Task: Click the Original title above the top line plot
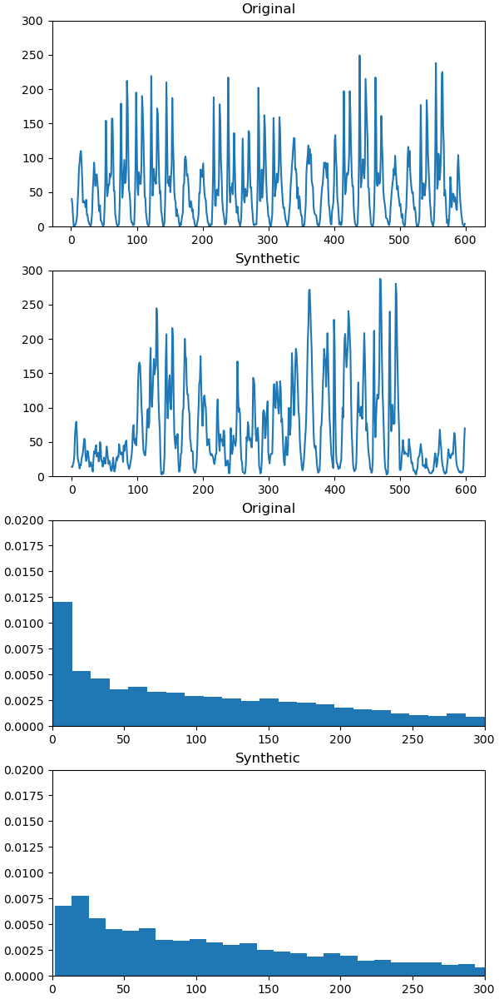(268, 9)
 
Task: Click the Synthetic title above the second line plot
(268, 259)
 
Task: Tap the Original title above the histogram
(268, 509)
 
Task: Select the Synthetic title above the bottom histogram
(268, 758)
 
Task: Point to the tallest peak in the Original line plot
(359, 57)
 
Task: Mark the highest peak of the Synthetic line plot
(380, 280)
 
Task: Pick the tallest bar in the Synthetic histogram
(80, 936)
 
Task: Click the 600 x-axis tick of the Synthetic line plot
(465, 490)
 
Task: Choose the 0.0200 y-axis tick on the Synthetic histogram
(25, 770)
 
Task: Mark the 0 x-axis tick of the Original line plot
(72, 241)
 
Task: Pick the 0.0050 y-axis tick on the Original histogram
(25, 675)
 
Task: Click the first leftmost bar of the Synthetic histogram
(63, 941)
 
